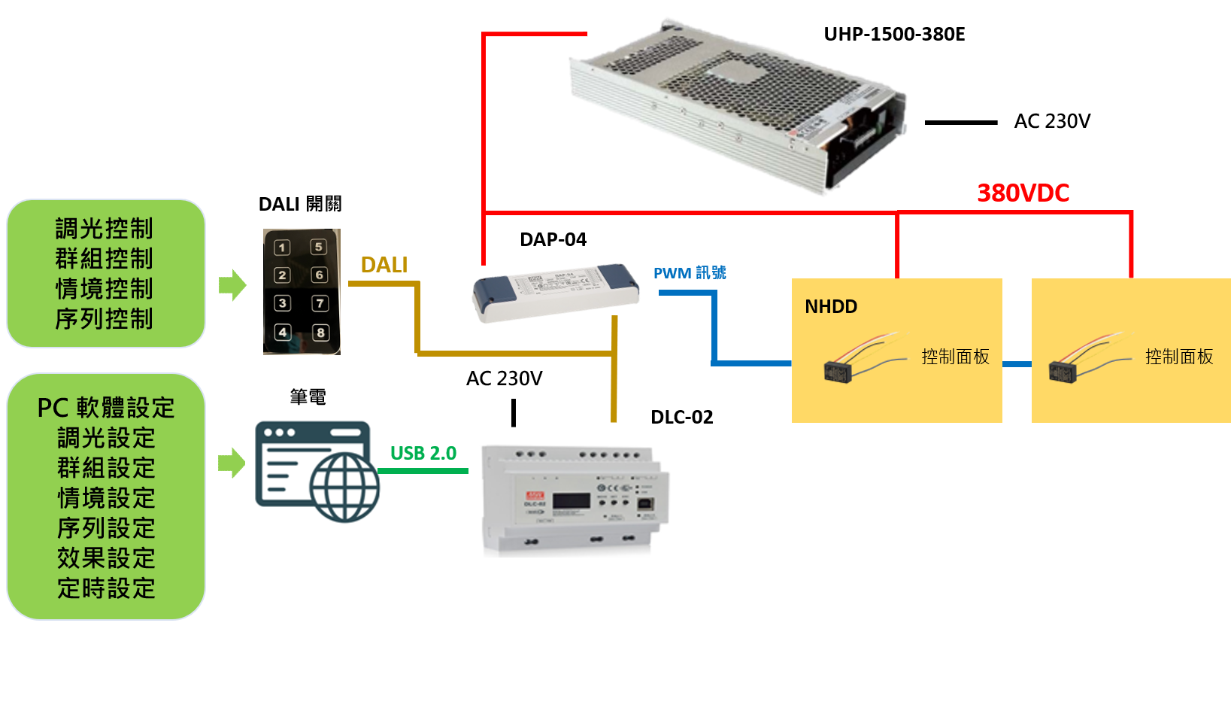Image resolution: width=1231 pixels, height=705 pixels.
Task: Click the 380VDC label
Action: [x=1023, y=193]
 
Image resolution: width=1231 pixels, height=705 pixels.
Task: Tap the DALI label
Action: [x=384, y=265]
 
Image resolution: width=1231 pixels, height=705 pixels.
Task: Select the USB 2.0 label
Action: [x=423, y=453]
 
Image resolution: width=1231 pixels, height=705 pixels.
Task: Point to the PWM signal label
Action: [x=690, y=272]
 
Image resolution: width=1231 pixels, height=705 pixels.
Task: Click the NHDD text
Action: [x=831, y=306]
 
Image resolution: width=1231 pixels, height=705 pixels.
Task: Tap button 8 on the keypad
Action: [x=320, y=333]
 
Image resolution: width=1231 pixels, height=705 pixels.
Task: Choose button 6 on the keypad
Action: [x=320, y=275]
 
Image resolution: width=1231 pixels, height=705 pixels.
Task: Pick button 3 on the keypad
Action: [x=282, y=303]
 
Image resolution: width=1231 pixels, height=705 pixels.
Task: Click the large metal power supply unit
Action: [x=737, y=105]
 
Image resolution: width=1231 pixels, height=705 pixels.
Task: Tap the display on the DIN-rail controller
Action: [x=571, y=500]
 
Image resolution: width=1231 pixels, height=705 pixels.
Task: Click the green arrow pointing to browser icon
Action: [x=232, y=463]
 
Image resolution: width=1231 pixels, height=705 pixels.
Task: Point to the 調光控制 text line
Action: [x=105, y=229]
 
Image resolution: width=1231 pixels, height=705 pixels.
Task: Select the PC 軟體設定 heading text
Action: [x=106, y=408]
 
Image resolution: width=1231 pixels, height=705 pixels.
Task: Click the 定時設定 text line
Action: [x=106, y=588]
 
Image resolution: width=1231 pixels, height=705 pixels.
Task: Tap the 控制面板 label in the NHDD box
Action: [x=955, y=357]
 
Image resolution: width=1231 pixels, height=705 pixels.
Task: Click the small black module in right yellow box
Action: [x=1062, y=371]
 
